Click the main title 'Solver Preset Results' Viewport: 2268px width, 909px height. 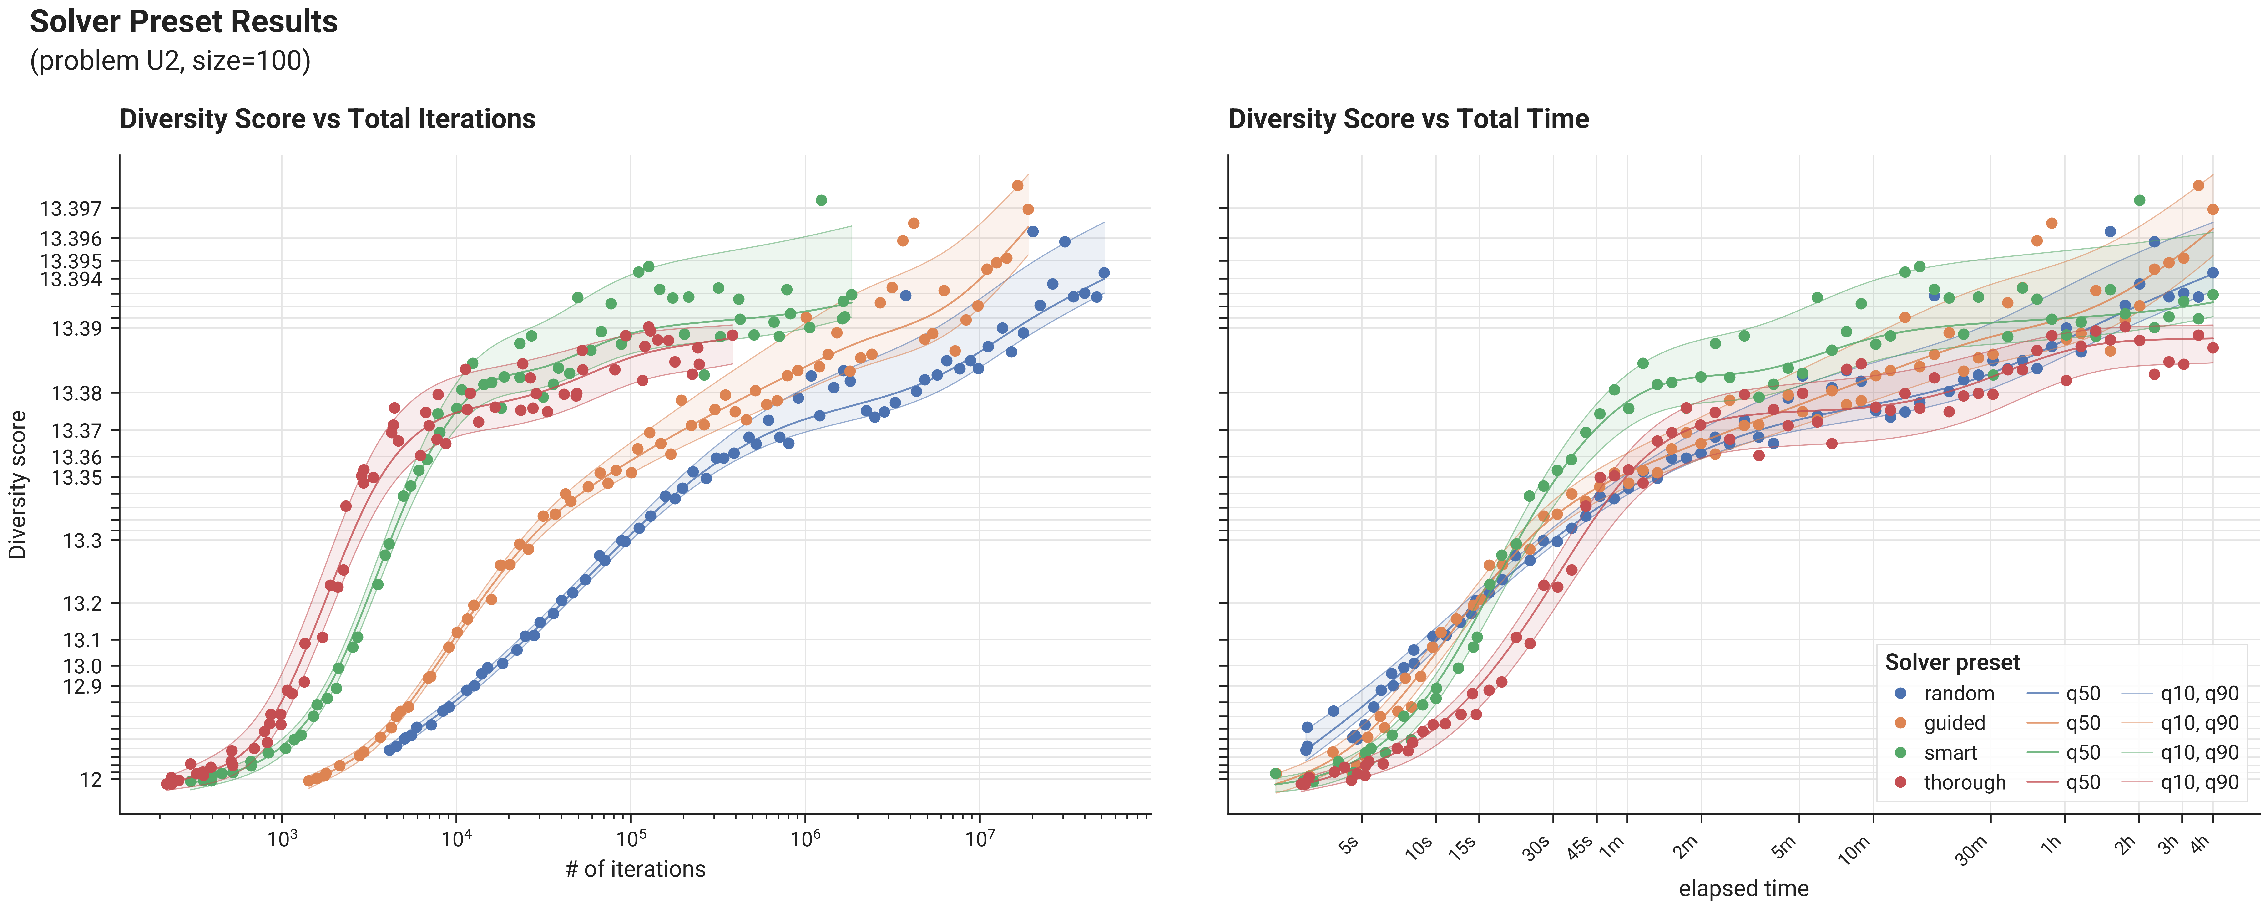[184, 21]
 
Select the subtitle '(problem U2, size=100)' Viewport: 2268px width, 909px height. [170, 61]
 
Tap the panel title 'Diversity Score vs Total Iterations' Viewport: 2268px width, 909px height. [328, 119]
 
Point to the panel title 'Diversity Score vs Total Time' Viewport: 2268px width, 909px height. [1409, 119]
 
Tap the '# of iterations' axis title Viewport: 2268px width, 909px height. [636, 869]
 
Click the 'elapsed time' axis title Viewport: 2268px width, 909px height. [1743, 889]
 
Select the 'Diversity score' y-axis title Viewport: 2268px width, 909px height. [18, 485]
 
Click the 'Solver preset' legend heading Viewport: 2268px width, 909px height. [1953, 662]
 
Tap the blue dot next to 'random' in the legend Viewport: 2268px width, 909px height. [1901, 693]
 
